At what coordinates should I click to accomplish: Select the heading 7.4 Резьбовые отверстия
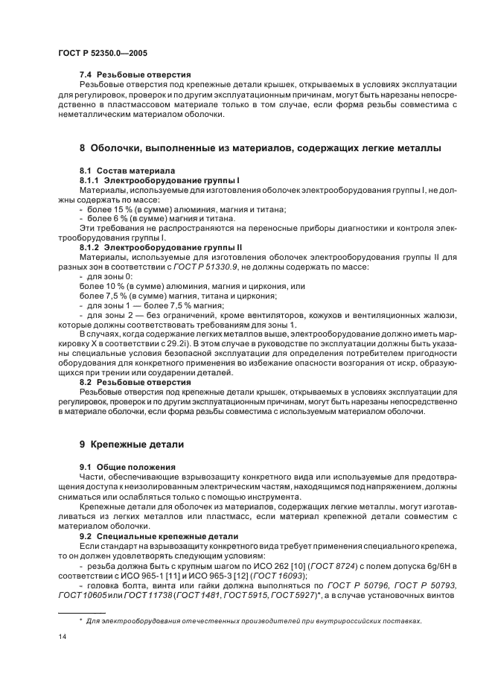(x=135, y=74)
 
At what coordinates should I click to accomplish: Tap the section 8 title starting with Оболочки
(x=260, y=148)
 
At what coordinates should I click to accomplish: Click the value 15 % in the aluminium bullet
(x=112, y=209)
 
